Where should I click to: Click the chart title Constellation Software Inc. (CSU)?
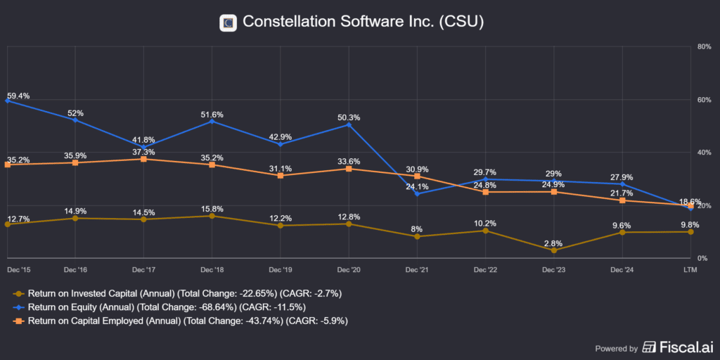pos(363,22)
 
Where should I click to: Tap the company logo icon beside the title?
pos(228,23)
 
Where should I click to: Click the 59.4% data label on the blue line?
pos(18,96)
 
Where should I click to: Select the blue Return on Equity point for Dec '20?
pos(349,124)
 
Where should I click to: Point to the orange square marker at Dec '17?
pos(143,159)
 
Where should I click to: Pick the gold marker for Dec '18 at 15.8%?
pos(212,216)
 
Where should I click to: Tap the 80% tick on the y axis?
pos(702,46)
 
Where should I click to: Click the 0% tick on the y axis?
pos(700,258)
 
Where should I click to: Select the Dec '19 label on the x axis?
pos(280,270)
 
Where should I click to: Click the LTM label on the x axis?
pos(691,270)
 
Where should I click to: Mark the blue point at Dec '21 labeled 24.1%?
pos(417,193)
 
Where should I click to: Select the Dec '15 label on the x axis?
pos(18,270)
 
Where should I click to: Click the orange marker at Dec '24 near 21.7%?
pos(622,200)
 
